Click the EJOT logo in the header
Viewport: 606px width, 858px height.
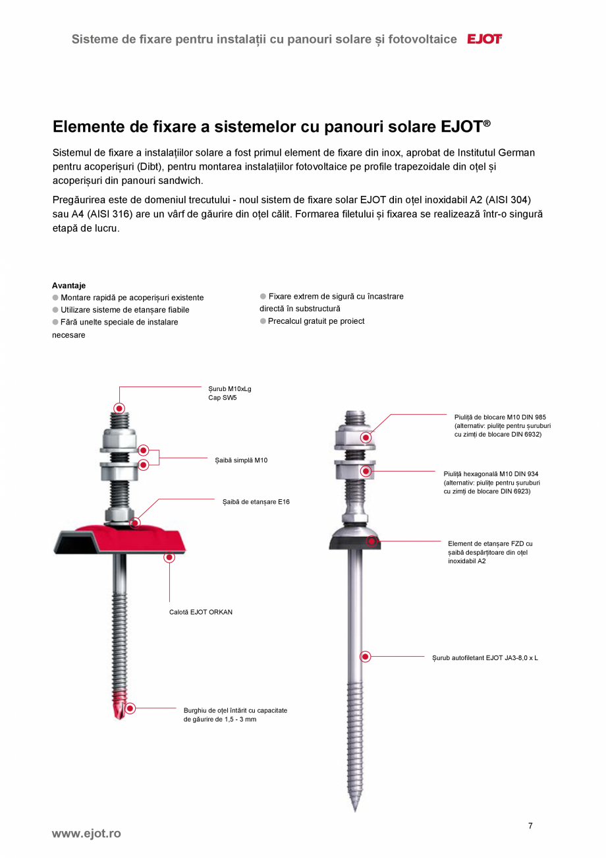(484, 39)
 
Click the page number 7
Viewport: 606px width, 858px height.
(530, 826)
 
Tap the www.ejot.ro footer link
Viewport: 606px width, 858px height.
(86, 834)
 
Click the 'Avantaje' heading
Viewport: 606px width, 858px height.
(69, 286)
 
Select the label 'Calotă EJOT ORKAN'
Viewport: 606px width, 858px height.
(201, 612)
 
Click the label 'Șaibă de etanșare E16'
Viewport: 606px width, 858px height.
(256, 502)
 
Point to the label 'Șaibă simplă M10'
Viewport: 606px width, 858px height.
(241, 460)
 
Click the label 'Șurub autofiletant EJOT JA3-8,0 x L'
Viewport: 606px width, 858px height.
(485, 658)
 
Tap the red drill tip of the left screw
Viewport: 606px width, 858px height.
(119, 709)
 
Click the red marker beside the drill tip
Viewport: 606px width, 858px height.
(130, 708)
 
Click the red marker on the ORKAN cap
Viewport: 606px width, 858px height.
(169, 557)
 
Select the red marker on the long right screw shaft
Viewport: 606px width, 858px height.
(366, 656)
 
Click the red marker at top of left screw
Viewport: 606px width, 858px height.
(119, 408)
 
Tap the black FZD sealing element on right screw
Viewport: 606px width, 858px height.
(354, 543)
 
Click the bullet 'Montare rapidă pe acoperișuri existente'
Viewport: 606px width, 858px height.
(132, 297)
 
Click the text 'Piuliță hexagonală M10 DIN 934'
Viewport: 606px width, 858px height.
(491, 474)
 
